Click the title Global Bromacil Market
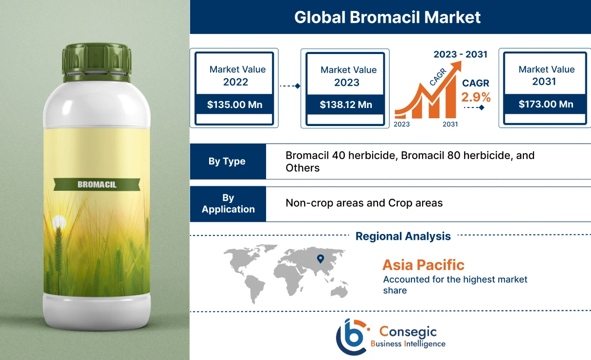pyautogui.click(x=387, y=17)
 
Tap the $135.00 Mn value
pyautogui.click(x=233, y=104)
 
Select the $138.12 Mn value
pyautogui.click(x=345, y=105)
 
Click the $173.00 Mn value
pyautogui.click(x=545, y=104)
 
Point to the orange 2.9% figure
pyautogui.click(x=476, y=97)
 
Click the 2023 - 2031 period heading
pyautogui.click(x=460, y=54)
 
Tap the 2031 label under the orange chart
pyautogui.click(x=450, y=125)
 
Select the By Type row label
pyautogui.click(x=227, y=162)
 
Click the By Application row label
pyautogui.click(x=228, y=203)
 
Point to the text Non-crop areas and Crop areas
pyautogui.click(x=364, y=203)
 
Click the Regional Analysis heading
pyautogui.click(x=403, y=236)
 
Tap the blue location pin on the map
pyautogui.click(x=320, y=259)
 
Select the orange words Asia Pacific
pyautogui.click(x=423, y=265)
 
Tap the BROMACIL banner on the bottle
pyautogui.click(x=97, y=184)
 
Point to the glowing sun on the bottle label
pyautogui.click(x=59, y=222)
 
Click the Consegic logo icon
pyautogui.click(x=351, y=336)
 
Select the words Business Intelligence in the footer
pyautogui.click(x=408, y=344)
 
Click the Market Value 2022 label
pyautogui.click(x=237, y=75)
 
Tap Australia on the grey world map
pyautogui.click(x=339, y=290)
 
